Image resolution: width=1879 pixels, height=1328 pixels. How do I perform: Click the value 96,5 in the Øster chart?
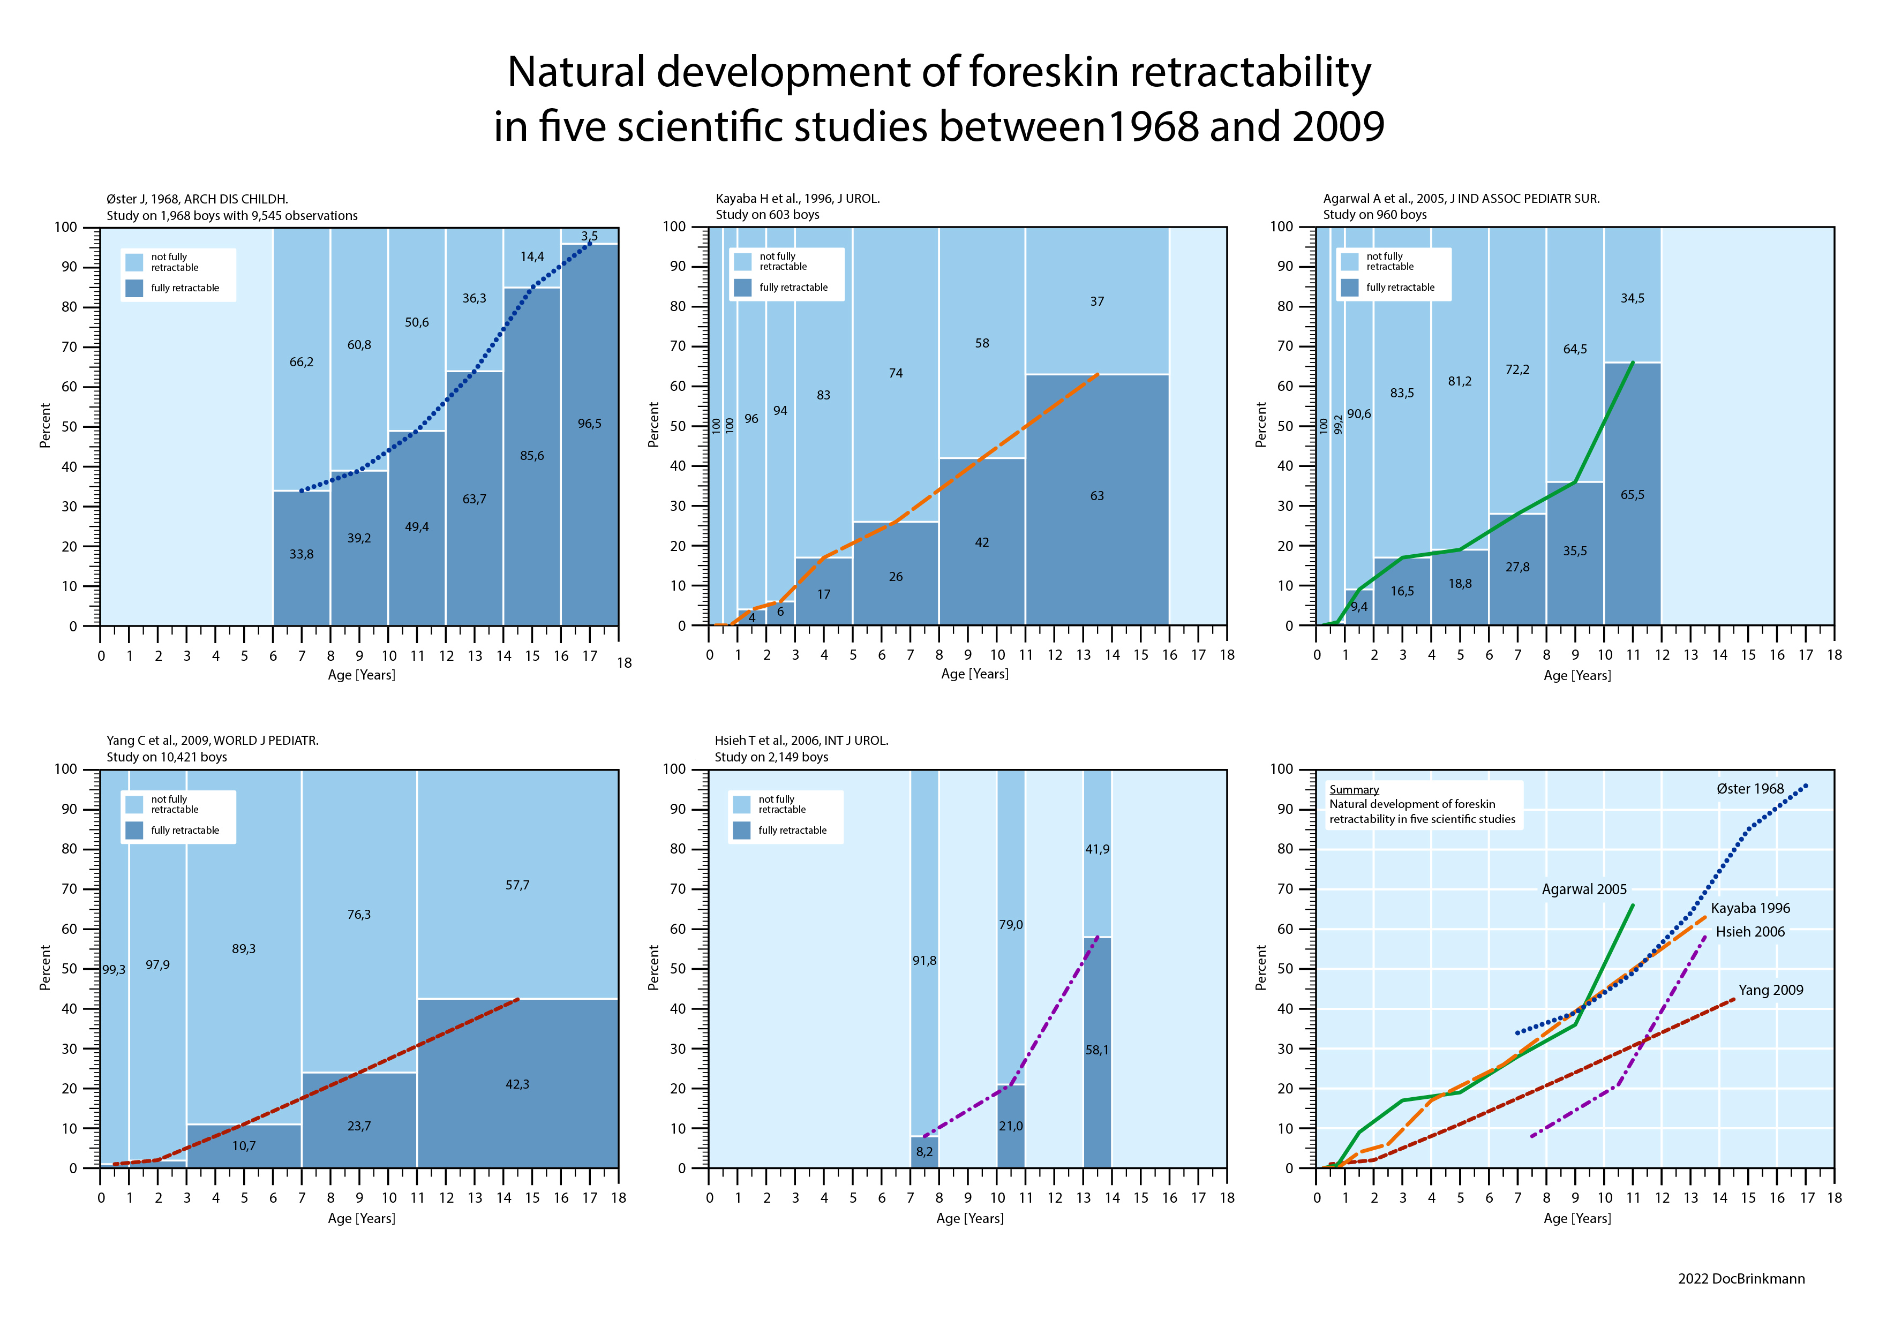[589, 424]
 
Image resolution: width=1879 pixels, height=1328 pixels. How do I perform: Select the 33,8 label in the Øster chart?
[301, 555]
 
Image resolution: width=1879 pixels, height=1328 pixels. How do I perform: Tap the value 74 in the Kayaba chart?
[895, 373]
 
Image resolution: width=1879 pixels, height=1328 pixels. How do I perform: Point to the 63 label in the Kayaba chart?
[1096, 496]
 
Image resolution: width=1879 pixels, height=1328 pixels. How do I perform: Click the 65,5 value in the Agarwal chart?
[1632, 495]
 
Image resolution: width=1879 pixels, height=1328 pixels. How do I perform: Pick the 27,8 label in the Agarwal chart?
[1517, 567]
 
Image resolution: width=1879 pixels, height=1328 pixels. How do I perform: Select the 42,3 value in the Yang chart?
[517, 1084]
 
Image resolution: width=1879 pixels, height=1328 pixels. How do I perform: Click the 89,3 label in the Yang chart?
[243, 949]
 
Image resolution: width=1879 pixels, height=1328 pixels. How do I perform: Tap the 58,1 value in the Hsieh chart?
[1098, 1050]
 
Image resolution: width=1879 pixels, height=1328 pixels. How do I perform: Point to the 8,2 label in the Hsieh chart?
[924, 1152]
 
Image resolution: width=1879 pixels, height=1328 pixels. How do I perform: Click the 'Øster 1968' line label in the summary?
[1750, 789]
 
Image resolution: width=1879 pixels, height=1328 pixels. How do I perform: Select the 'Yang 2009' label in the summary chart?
[1771, 990]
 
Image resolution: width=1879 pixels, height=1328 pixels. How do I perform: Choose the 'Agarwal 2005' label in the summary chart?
[1583, 889]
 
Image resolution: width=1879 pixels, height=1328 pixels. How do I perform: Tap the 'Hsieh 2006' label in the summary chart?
[1750, 932]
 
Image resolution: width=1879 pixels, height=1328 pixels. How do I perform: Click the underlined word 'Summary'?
[1354, 790]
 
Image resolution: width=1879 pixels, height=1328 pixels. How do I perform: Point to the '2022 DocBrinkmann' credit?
[1741, 1279]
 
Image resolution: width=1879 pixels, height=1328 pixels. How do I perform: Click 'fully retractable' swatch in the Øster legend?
[135, 288]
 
